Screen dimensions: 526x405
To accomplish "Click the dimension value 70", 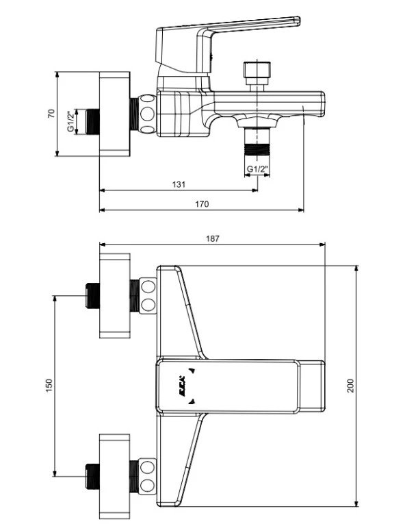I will (x=51, y=113).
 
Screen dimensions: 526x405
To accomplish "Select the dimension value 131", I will (x=179, y=185).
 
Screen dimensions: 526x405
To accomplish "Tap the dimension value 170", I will (x=202, y=203).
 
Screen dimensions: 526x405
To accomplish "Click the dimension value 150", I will (x=49, y=386).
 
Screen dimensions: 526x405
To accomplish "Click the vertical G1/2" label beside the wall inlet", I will (x=70, y=121).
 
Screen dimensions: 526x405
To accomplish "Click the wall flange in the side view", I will (x=114, y=113).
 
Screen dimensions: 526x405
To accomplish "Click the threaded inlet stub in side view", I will (x=91, y=121).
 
